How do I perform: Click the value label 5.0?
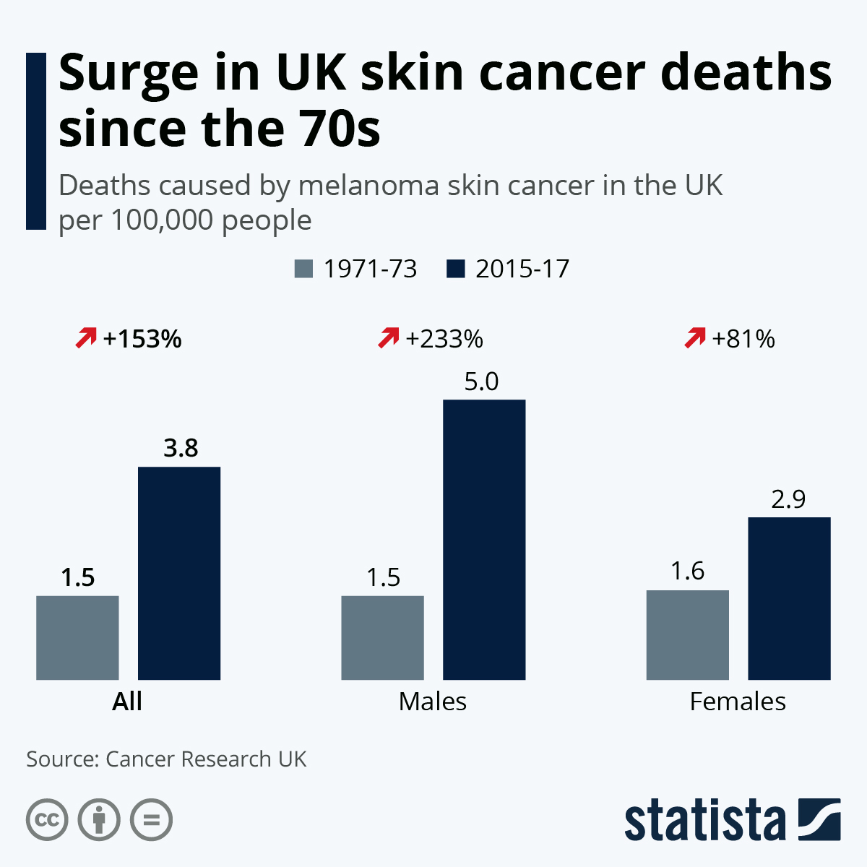pos(481,381)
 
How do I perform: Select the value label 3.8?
pos(181,449)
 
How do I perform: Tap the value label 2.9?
pos(788,499)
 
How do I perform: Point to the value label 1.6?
pos(687,571)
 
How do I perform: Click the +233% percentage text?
pos(444,339)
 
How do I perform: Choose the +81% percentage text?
pos(743,339)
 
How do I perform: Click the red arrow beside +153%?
pos(86,337)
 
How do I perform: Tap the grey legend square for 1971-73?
pos(304,269)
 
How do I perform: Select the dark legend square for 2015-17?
pos(456,269)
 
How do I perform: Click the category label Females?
pos(738,702)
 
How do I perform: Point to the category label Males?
pos(433,702)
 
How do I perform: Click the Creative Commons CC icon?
pos(47,820)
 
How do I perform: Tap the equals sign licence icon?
pos(152,820)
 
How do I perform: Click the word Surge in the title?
pos(129,73)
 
